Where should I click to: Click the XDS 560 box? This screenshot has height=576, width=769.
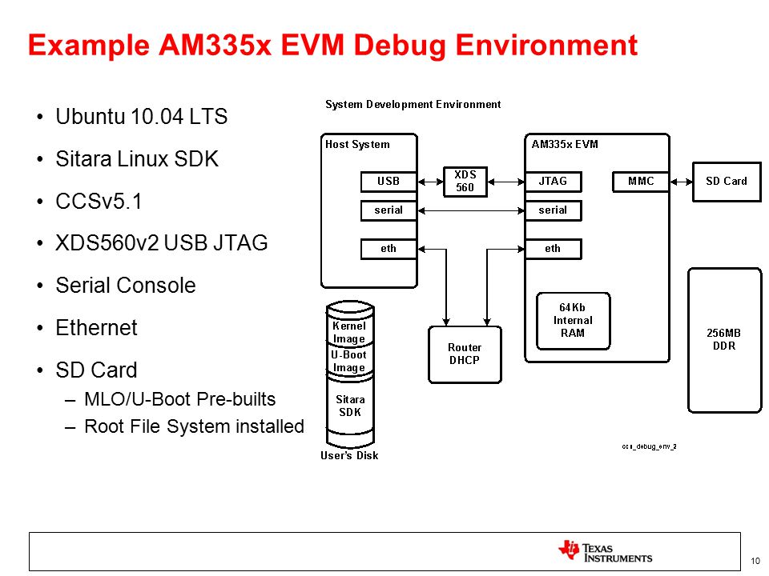[x=465, y=182]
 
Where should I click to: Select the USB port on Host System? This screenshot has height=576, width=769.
[x=389, y=182]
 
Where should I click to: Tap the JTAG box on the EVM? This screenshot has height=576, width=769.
[x=554, y=182]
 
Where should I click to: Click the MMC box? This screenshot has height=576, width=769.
[x=641, y=182]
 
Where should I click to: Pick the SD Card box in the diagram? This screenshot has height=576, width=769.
[x=727, y=182]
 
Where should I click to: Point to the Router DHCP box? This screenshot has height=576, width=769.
[x=465, y=354]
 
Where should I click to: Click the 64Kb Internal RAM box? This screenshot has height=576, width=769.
[x=573, y=321]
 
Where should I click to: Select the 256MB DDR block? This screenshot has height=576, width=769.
[x=724, y=340]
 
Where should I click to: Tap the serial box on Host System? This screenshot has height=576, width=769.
[x=389, y=210]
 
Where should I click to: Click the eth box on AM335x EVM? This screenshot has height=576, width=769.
[x=554, y=249]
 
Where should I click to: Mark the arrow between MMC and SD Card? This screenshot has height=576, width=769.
[x=681, y=182]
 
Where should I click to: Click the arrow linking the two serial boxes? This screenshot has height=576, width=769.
[x=471, y=210]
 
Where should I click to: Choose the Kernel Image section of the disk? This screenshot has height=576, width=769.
[x=350, y=332]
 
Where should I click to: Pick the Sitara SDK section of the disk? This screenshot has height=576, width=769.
[x=350, y=406]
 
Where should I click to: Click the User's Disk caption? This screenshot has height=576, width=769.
[x=349, y=455]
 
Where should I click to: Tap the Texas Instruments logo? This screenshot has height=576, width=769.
[x=606, y=551]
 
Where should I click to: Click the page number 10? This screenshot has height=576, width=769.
[x=755, y=561]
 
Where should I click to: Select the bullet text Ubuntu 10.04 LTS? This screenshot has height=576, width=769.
[x=141, y=117]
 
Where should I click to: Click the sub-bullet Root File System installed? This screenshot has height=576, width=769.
[x=194, y=426]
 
